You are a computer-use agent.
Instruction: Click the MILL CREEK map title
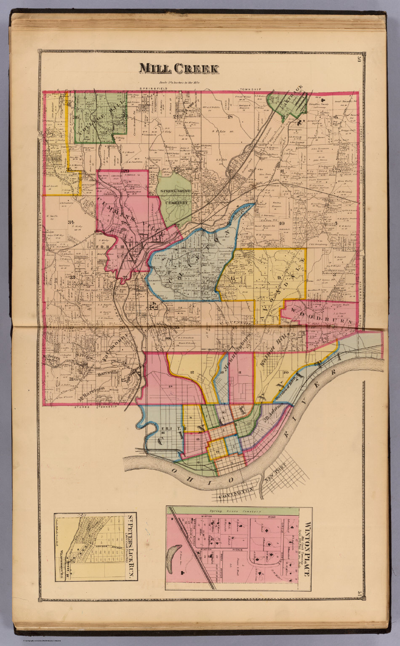click(x=179, y=68)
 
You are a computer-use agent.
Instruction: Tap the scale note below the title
click(x=179, y=83)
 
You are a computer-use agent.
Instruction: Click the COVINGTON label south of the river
click(x=236, y=491)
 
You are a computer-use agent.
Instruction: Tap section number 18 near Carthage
click(x=230, y=117)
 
